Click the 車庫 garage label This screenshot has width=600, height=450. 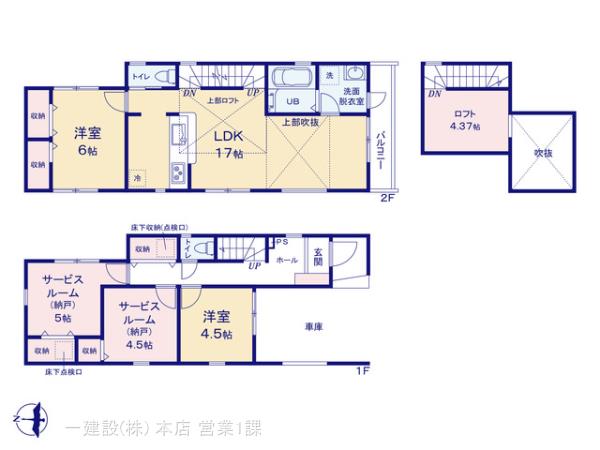point(312,326)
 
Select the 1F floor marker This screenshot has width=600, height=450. point(362,372)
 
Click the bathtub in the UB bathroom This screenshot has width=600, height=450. point(292,78)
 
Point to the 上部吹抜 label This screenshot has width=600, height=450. point(300,122)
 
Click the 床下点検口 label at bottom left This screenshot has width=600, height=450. point(63,372)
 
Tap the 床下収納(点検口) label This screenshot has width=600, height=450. point(159,228)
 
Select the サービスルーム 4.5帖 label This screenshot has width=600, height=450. point(137,323)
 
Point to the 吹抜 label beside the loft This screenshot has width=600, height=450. point(543,153)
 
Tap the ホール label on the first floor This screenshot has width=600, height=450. point(286,259)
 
